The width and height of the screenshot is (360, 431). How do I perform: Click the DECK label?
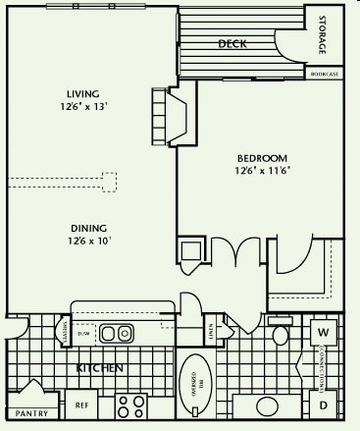231,43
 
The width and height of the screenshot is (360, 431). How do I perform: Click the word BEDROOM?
262,158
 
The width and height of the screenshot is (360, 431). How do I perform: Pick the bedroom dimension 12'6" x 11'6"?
262,171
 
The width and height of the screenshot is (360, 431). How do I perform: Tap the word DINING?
87,225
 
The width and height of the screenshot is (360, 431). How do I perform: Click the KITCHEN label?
99,368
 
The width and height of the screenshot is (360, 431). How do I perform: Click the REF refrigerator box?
82,404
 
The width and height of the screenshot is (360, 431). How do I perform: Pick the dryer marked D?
323,404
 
